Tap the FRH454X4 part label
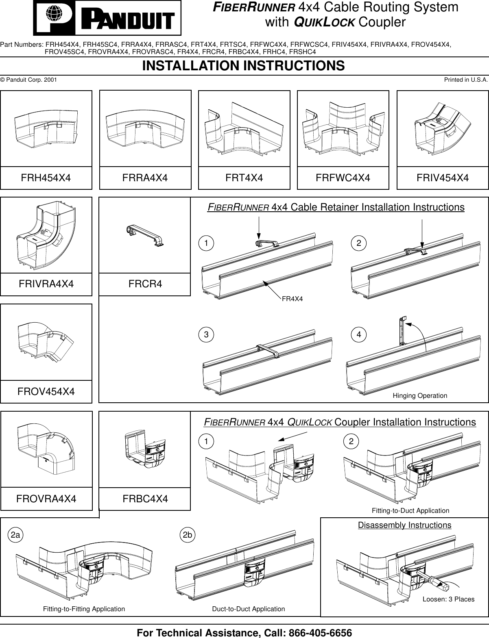pos(46,178)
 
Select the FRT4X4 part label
pos(244,178)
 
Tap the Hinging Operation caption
pos(419,395)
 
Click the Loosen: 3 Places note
pos(448,599)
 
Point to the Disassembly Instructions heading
pos(404,525)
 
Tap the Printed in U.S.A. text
pos(465,80)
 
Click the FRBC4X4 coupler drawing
pos(145,449)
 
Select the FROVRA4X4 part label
pos(46,498)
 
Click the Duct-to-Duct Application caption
pos(248,609)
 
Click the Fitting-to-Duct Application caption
pos(410,510)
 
